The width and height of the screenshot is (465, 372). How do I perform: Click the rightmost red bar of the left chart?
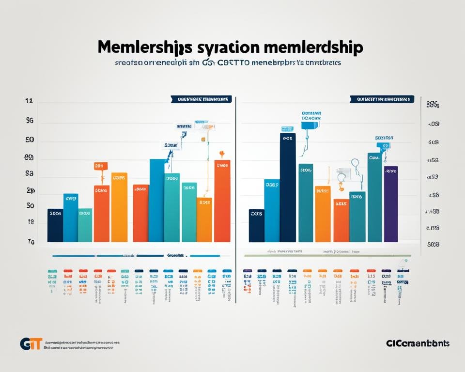(222, 201)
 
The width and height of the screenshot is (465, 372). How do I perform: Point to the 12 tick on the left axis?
(29, 102)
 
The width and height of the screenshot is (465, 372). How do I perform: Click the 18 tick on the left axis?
(30, 222)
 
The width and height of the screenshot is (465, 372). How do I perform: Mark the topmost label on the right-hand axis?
(433, 104)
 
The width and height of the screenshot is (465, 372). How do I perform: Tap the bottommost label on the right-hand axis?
(433, 245)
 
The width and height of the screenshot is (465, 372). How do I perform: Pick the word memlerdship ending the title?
(314, 48)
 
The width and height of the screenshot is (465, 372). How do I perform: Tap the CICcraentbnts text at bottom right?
(418, 343)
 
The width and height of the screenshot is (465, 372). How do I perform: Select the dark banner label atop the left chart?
(201, 99)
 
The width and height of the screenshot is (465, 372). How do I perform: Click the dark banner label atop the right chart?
(382, 99)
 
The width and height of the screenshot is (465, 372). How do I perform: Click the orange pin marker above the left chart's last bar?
(222, 155)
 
